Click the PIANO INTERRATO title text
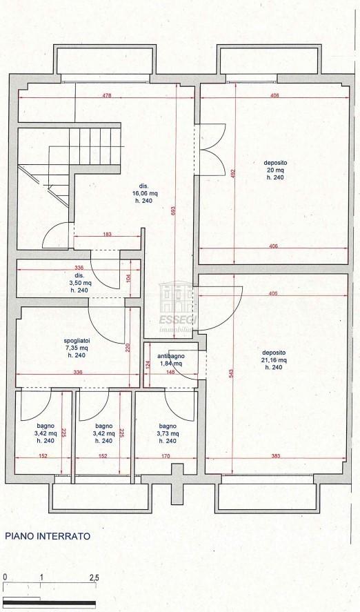tap(48, 536)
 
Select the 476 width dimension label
tap(107, 95)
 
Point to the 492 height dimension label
tap(233, 173)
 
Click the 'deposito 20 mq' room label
tap(275, 170)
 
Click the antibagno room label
tap(171, 360)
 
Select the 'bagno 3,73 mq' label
tap(168, 433)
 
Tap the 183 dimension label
tap(108, 234)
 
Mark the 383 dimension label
tap(275, 456)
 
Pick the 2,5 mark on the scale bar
tap(94, 578)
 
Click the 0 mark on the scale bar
tap(5, 578)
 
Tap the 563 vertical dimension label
tap(231, 374)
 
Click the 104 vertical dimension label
tap(129, 277)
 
